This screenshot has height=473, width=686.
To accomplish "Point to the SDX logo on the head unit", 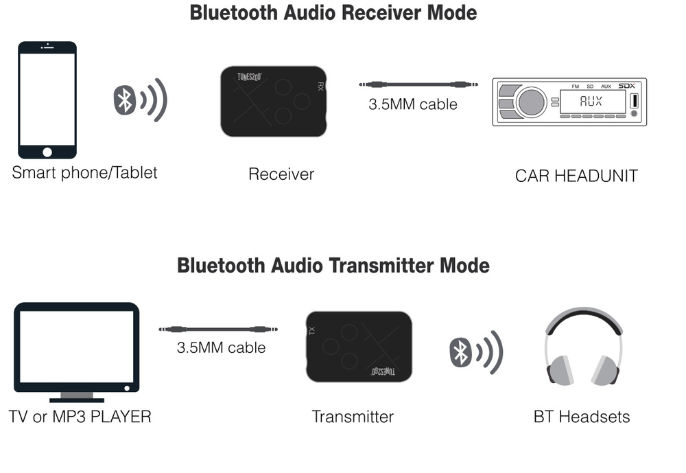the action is [626, 86].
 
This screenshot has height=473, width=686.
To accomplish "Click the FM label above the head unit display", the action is [574, 86].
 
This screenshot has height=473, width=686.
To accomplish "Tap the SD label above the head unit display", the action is [589, 86].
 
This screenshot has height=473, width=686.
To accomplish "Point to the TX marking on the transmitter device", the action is [312, 331].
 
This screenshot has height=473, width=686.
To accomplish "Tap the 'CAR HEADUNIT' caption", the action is [576, 176].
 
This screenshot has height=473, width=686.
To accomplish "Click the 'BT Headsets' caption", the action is [581, 417].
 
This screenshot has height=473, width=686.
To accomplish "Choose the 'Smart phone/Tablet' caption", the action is [84, 172].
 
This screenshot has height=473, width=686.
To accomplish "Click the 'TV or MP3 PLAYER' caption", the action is [80, 417].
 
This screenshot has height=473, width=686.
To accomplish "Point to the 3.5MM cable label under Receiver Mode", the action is [412, 104].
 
